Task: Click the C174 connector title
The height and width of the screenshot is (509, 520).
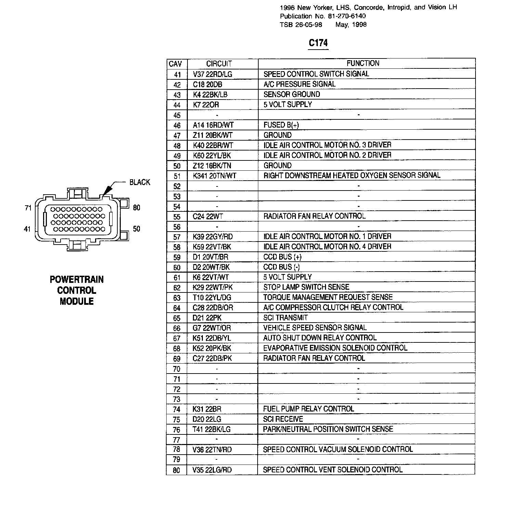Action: [318, 43]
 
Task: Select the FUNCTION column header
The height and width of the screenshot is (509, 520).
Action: [363, 63]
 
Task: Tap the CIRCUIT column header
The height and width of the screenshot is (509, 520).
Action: [219, 64]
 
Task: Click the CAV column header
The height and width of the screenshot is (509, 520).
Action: [175, 64]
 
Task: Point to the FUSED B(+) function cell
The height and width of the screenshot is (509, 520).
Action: [281, 125]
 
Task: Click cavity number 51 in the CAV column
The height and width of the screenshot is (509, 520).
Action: [177, 177]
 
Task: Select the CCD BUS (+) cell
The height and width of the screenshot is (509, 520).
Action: [282, 257]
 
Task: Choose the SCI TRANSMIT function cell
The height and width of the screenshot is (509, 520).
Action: [285, 318]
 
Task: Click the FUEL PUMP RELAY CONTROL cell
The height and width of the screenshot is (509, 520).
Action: [308, 409]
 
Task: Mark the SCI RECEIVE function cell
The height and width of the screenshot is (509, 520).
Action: [283, 419]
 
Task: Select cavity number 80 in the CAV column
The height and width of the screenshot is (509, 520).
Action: [177, 470]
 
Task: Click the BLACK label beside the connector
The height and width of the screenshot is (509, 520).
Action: [140, 182]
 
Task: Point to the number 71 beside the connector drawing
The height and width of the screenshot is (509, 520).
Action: [28, 208]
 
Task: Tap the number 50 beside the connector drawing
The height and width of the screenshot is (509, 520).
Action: [136, 229]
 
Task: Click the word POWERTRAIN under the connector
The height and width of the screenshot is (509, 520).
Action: [77, 279]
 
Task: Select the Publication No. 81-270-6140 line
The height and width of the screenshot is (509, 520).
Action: [323, 16]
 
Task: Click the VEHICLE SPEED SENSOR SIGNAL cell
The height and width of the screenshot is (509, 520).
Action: [315, 328]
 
